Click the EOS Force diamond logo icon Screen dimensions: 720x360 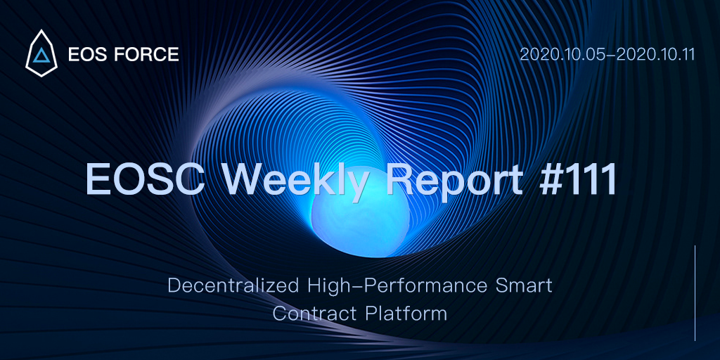click(41, 53)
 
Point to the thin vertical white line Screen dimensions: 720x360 click(695, 293)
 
